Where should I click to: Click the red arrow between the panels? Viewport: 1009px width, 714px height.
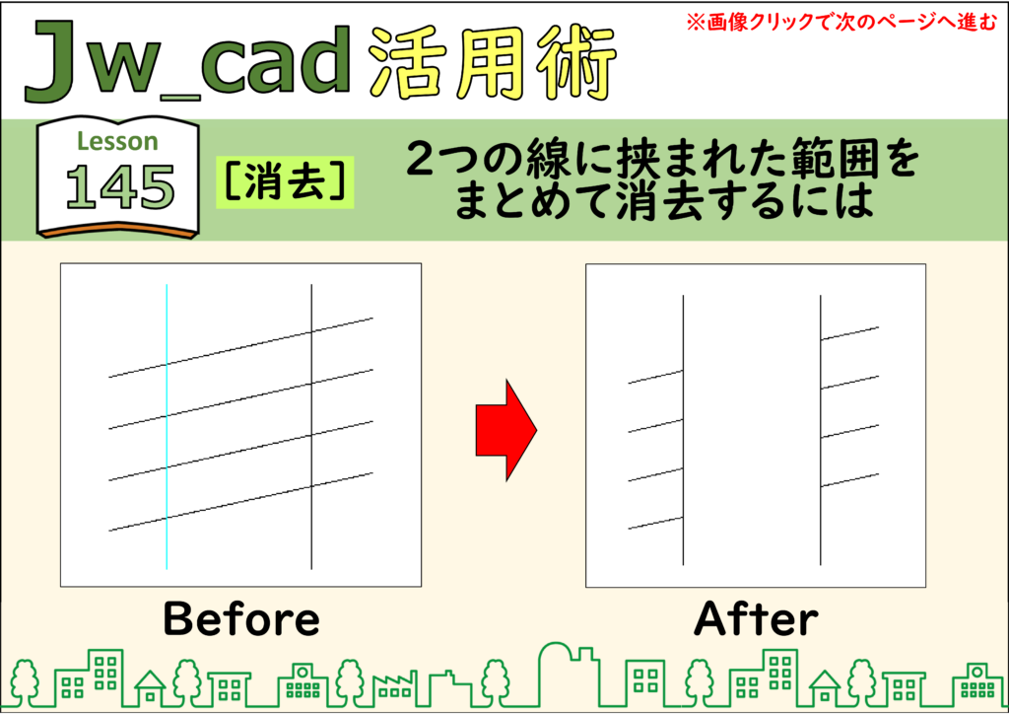click(x=505, y=430)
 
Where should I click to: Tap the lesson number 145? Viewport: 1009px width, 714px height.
click(x=119, y=187)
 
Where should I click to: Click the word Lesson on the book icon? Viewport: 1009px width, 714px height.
click(x=117, y=141)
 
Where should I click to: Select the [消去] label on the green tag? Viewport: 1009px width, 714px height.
click(x=285, y=182)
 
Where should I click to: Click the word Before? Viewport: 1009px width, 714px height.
click(x=241, y=618)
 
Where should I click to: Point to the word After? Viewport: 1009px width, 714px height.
click(x=756, y=618)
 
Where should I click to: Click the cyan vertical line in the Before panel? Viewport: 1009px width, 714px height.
click(x=167, y=426)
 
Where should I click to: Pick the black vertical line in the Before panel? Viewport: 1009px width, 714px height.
click(x=311, y=426)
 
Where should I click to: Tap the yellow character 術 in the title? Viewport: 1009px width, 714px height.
click(x=576, y=63)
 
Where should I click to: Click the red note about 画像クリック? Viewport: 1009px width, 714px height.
click(x=841, y=22)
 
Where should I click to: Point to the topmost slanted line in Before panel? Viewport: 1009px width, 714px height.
click(x=240, y=348)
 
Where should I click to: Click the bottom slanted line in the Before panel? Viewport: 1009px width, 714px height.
click(x=240, y=502)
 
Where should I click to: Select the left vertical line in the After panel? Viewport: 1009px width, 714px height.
click(x=683, y=430)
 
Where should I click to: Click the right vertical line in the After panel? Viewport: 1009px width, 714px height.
click(x=821, y=430)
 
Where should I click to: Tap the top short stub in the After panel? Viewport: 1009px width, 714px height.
click(x=849, y=333)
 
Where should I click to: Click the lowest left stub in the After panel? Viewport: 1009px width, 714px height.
click(x=655, y=523)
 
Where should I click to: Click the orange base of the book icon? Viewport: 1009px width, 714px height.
click(x=117, y=233)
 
